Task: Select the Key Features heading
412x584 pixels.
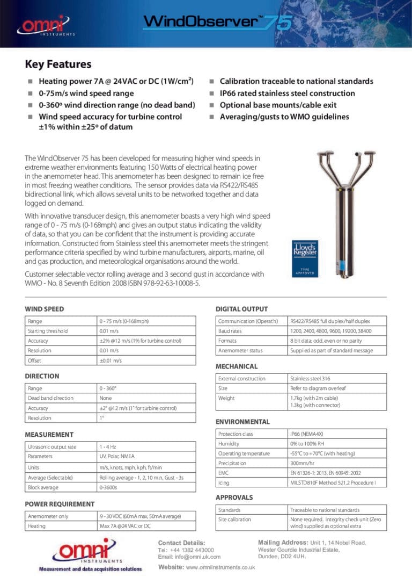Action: pos(58,64)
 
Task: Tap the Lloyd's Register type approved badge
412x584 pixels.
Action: pos(305,258)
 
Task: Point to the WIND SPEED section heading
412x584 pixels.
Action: pos(45,309)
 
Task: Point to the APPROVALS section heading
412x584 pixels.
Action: pos(234,498)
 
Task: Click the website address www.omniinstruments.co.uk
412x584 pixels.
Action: pos(220,567)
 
